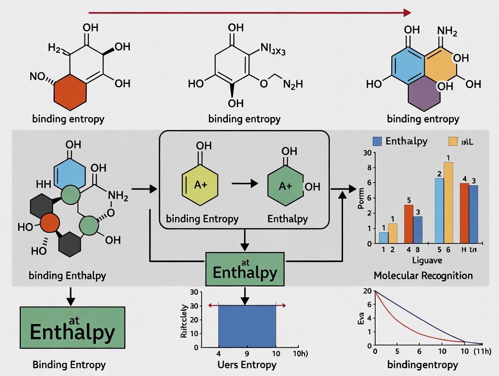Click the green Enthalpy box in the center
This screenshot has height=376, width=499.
245,269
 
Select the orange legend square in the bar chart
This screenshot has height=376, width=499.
453,141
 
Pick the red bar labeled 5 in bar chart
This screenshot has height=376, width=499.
409,224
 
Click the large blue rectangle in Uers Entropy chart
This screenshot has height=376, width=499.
247,326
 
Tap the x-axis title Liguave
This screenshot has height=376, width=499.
427,260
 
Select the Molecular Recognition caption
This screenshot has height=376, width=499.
423,275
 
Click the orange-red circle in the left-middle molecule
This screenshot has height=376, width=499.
50,223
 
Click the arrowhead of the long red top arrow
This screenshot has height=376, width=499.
408,12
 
